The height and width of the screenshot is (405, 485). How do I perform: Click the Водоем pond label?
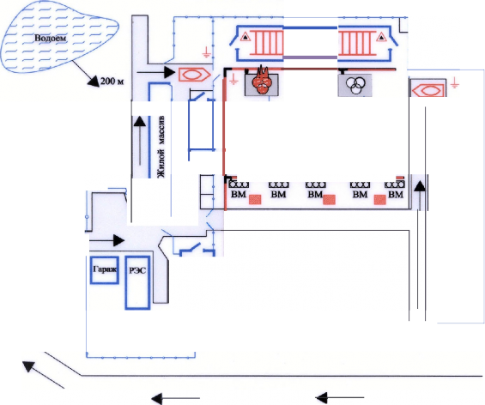pyautogui.click(x=50, y=39)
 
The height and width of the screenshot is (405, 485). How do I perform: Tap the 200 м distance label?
pyautogui.click(x=112, y=82)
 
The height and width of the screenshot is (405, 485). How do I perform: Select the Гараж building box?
pyautogui.click(x=105, y=270)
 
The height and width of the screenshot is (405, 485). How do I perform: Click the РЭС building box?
pyautogui.click(x=137, y=282)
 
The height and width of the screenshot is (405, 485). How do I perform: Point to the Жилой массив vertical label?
pyautogui.click(x=161, y=148)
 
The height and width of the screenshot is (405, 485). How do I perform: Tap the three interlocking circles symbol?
pyautogui.click(x=355, y=84)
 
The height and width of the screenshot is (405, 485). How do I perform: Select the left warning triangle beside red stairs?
pyautogui.click(x=246, y=37)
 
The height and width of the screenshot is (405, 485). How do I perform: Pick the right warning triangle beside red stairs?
pyautogui.click(x=381, y=37)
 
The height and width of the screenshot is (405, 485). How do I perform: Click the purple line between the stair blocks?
pyautogui.click(x=310, y=57)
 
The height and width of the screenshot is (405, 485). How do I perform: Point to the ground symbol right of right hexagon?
pyautogui.click(x=454, y=83)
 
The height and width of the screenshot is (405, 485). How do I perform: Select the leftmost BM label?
pyautogui.click(x=239, y=195)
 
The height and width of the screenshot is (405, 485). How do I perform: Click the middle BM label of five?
pyautogui.click(x=315, y=195)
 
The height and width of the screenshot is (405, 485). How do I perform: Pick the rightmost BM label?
pyautogui.click(x=396, y=195)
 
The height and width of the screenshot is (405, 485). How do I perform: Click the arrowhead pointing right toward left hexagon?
pyautogui.click(x=170, y=72)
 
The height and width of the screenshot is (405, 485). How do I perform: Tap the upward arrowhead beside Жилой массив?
pyautogui.click(x=140, y=121)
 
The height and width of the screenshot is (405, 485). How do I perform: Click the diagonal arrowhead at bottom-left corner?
pyautogui.click(x=28, y=366)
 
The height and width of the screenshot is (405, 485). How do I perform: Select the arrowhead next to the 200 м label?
pyautogui.click(x=93, y=81)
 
